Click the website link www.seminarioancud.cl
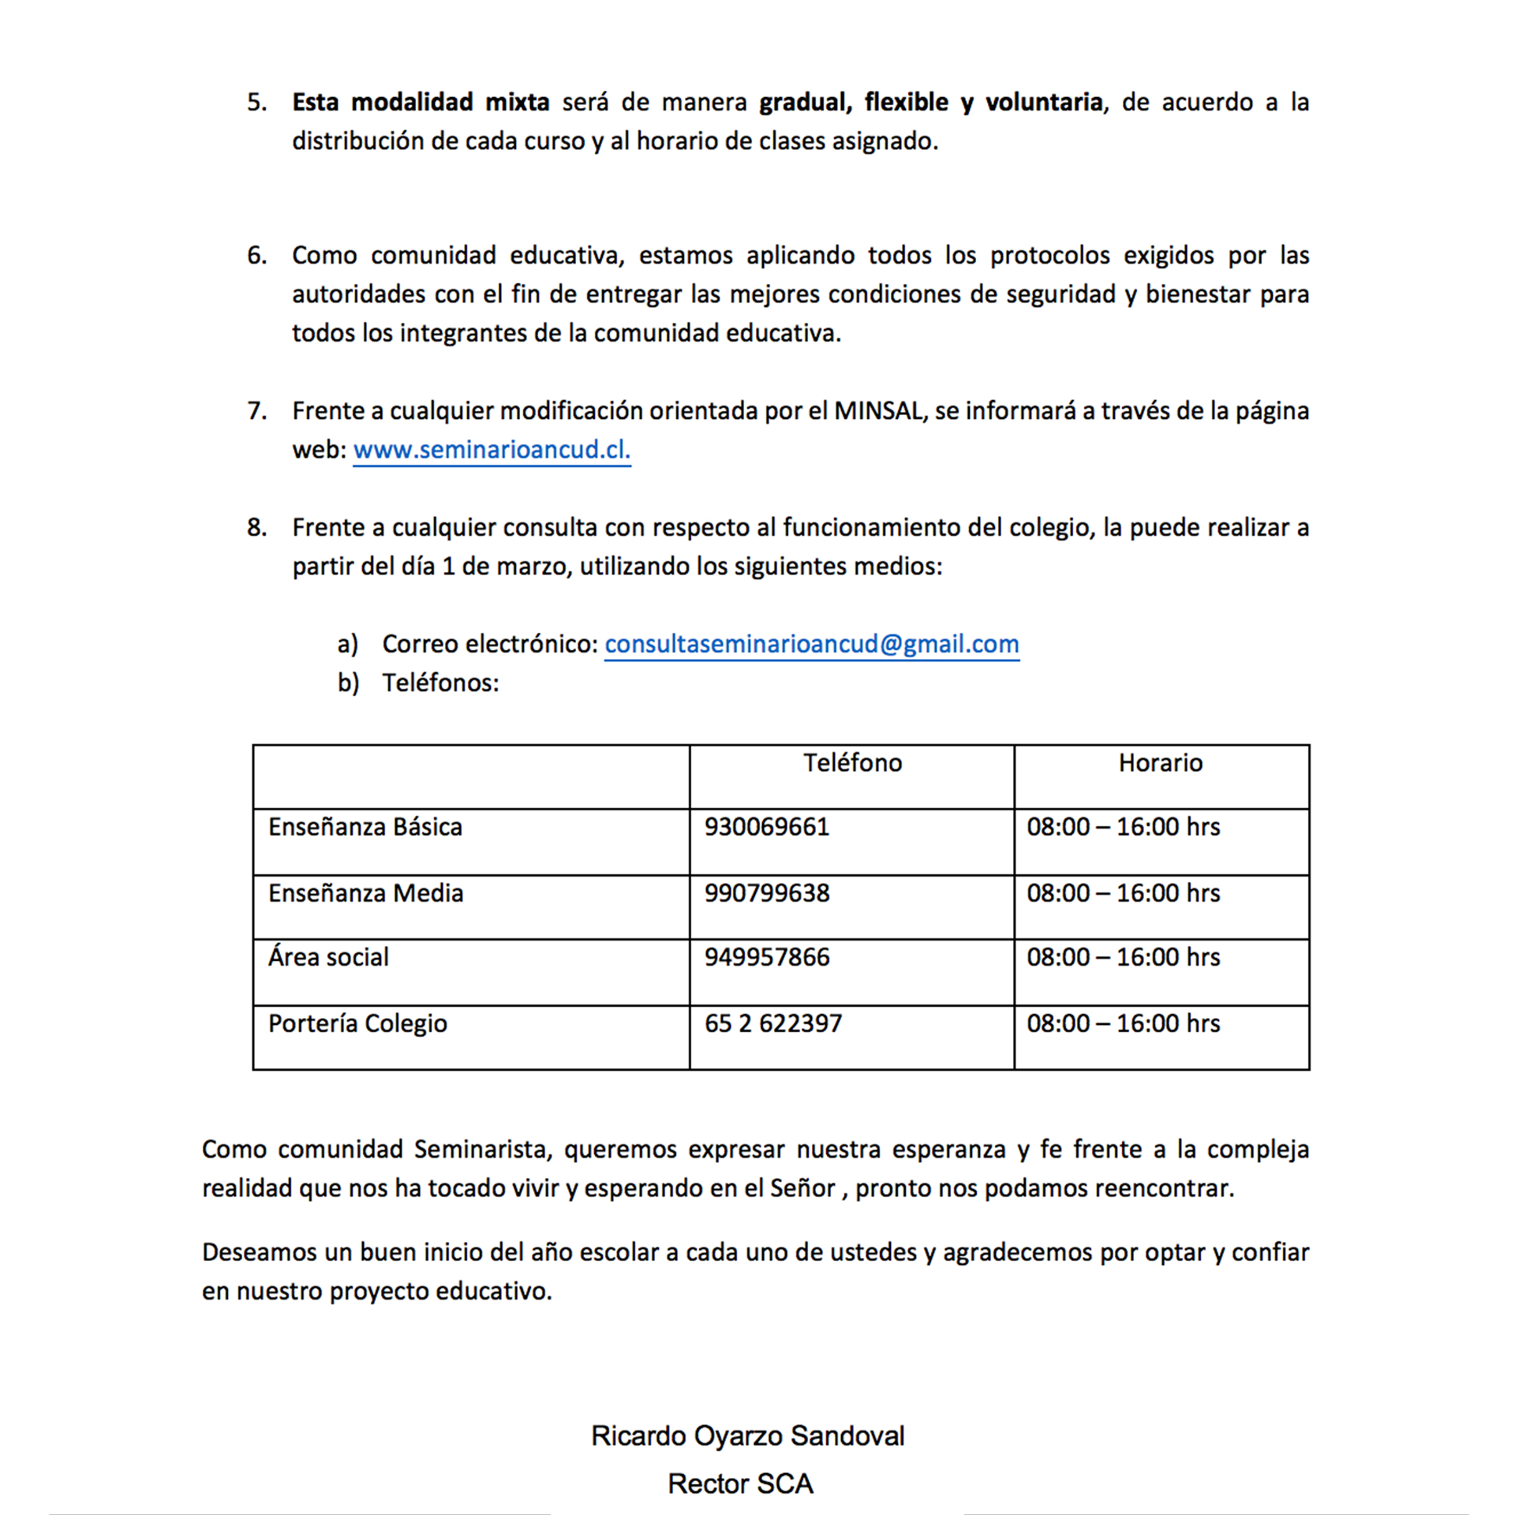(492, 450)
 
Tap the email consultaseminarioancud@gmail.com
(811, 644)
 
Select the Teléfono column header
(852, 763)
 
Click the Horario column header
(1160, 763)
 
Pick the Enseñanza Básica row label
(365, 827)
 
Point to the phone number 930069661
(766, 827)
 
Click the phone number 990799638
(766, 893)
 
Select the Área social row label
(328, 957)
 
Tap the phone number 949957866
(766, 957)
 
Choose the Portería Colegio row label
(357, 1023)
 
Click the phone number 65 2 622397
(772, 1023)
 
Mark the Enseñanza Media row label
(365, 893)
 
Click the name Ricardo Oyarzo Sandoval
(747, 1436)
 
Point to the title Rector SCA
(740, 1483)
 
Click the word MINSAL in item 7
(877, 411)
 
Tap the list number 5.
(256, 103)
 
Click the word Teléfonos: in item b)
(440, 683)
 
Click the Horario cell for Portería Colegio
(1123, 1023)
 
